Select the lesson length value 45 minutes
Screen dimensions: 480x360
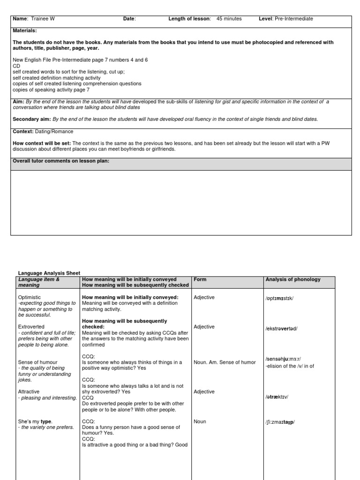point(229,19)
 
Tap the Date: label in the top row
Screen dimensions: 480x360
point(129,19)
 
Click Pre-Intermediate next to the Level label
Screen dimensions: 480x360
point(293,19)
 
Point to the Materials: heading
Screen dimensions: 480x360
point(26,30)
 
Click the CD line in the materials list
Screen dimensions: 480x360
point(16,66)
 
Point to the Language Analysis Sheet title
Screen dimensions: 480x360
point(49,273)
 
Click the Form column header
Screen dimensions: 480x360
point(200,279)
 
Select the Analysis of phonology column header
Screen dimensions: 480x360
point(293,279)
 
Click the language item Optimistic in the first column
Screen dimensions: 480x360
point(30,297)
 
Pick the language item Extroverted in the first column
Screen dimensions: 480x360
point(31,326)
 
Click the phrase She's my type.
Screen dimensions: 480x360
point(35,421)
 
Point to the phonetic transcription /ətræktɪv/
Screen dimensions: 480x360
point(277,397)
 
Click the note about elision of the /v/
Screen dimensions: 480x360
point(290,366)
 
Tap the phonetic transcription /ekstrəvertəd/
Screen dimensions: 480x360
point(281,329)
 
